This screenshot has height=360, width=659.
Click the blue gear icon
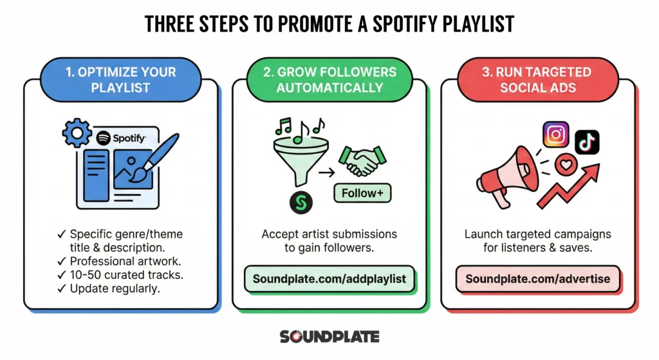pos(75,133)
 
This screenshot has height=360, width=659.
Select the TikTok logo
pos(587,142)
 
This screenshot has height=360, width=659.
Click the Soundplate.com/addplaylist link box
pos(329,279)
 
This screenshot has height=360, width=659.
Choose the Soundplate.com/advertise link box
pos(537,279)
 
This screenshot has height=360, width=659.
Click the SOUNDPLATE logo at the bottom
pos(329,337)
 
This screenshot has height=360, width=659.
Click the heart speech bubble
pos(566,166)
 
